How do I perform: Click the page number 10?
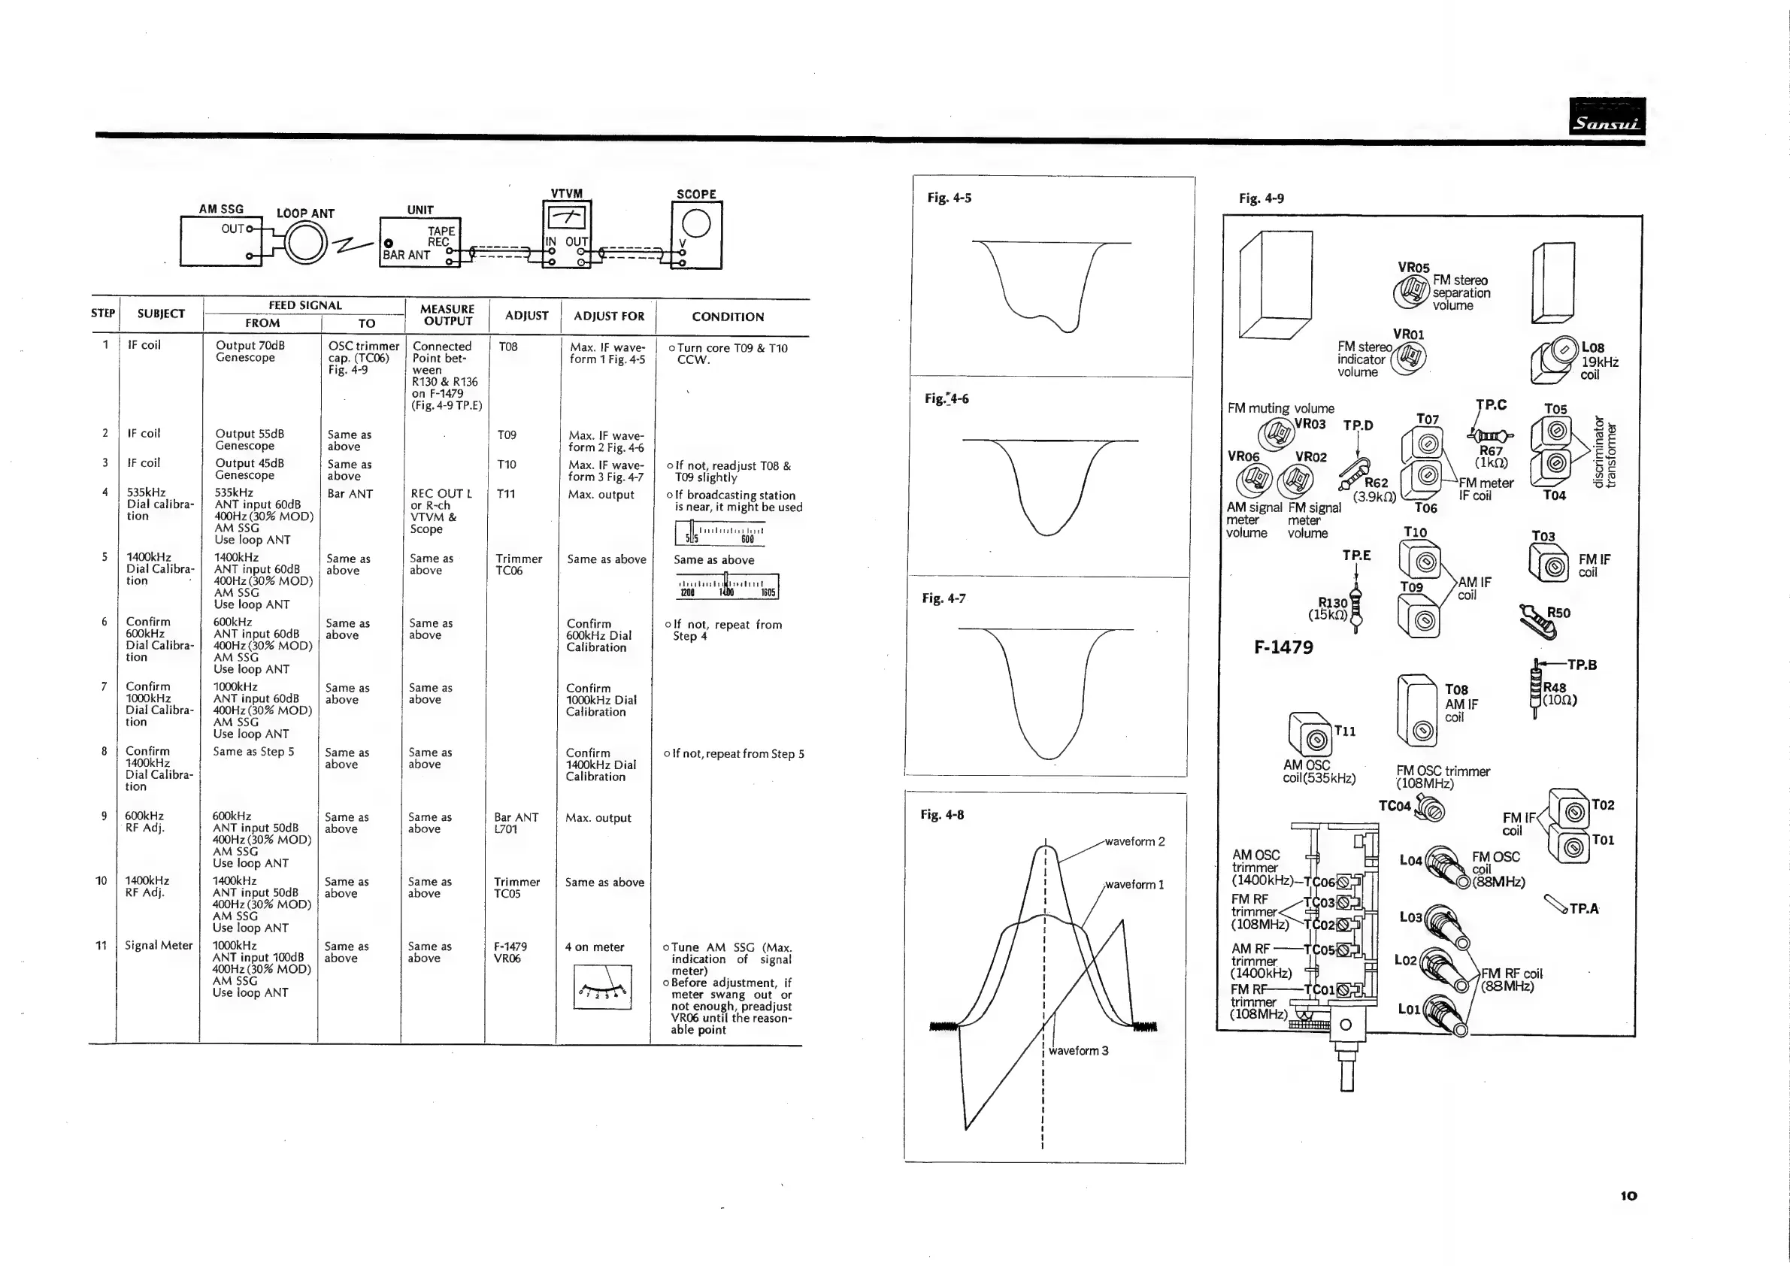tap(1628, 1196)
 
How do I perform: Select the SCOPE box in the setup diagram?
tap(696, 235)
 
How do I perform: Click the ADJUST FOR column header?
tap(609, 316)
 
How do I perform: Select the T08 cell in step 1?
tap(508, 347)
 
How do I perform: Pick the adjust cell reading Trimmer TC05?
tap(517, 888)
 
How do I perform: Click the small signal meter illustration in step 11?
tap(602, 987)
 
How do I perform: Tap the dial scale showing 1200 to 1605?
tap(728, 586)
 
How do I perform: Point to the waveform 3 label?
tap(1078, 1051)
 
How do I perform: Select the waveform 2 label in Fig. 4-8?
tap(1134, 842)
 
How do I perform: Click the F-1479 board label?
tap(1283, 647)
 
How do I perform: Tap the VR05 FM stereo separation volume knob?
tap(1411, 292)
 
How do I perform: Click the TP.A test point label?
tap(1583, 909)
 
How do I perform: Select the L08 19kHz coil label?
tap(1599, 361)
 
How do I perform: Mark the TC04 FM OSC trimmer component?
tap(1430, 807)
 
